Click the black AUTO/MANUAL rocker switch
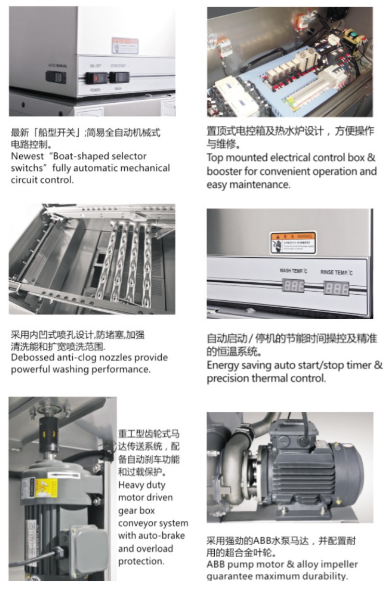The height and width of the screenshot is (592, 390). pyautogui.click(x=56, y=77)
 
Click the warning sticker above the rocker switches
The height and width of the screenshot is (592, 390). pyautogui.click(x=125, y=45)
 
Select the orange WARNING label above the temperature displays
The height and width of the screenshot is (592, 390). pyautogui.click(x=293, y=243)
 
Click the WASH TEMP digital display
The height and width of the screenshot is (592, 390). pyautogui.click(x=293, y=285)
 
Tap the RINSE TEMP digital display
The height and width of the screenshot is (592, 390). pyautogui.click(x=336, y=287)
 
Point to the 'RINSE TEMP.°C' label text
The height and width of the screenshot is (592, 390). pyautogui.click(x=336, y=272)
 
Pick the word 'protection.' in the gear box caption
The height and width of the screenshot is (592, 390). pyautogui.click(x=141, y=561)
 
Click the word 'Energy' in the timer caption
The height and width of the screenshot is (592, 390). pyautogui.click(x=222, y=365)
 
